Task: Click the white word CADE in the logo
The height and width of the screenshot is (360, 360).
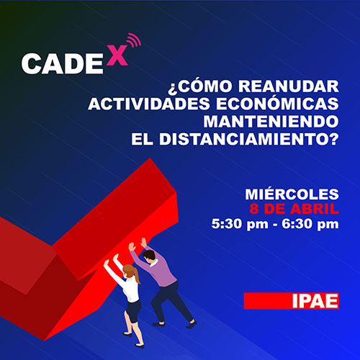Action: (63, 63)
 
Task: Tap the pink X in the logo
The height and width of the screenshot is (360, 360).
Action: (117, 55)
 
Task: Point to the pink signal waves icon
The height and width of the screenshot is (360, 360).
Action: (134, 40)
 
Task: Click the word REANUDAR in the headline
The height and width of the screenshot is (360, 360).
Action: (289, 86)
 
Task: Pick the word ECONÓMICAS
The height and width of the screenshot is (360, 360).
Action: (277, 104)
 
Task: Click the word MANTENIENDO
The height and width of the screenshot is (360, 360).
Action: (271, 122)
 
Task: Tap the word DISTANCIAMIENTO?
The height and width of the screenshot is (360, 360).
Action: (249, 139)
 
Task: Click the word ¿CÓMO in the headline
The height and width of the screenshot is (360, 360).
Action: (200, 86)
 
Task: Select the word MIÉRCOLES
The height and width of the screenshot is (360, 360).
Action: (292, 194)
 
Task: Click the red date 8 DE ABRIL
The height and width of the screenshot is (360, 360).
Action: (294, 209)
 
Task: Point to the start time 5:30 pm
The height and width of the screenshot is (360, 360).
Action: (240, 225)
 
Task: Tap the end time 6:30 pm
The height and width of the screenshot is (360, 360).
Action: (310, 225)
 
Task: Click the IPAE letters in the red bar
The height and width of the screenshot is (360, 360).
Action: (315, 301)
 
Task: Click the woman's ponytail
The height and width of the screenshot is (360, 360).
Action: (137, 276)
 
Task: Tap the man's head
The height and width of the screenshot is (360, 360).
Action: (149, 257)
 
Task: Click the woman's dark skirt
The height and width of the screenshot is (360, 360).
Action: (133, 311)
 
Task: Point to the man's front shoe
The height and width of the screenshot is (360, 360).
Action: (192, 324)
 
